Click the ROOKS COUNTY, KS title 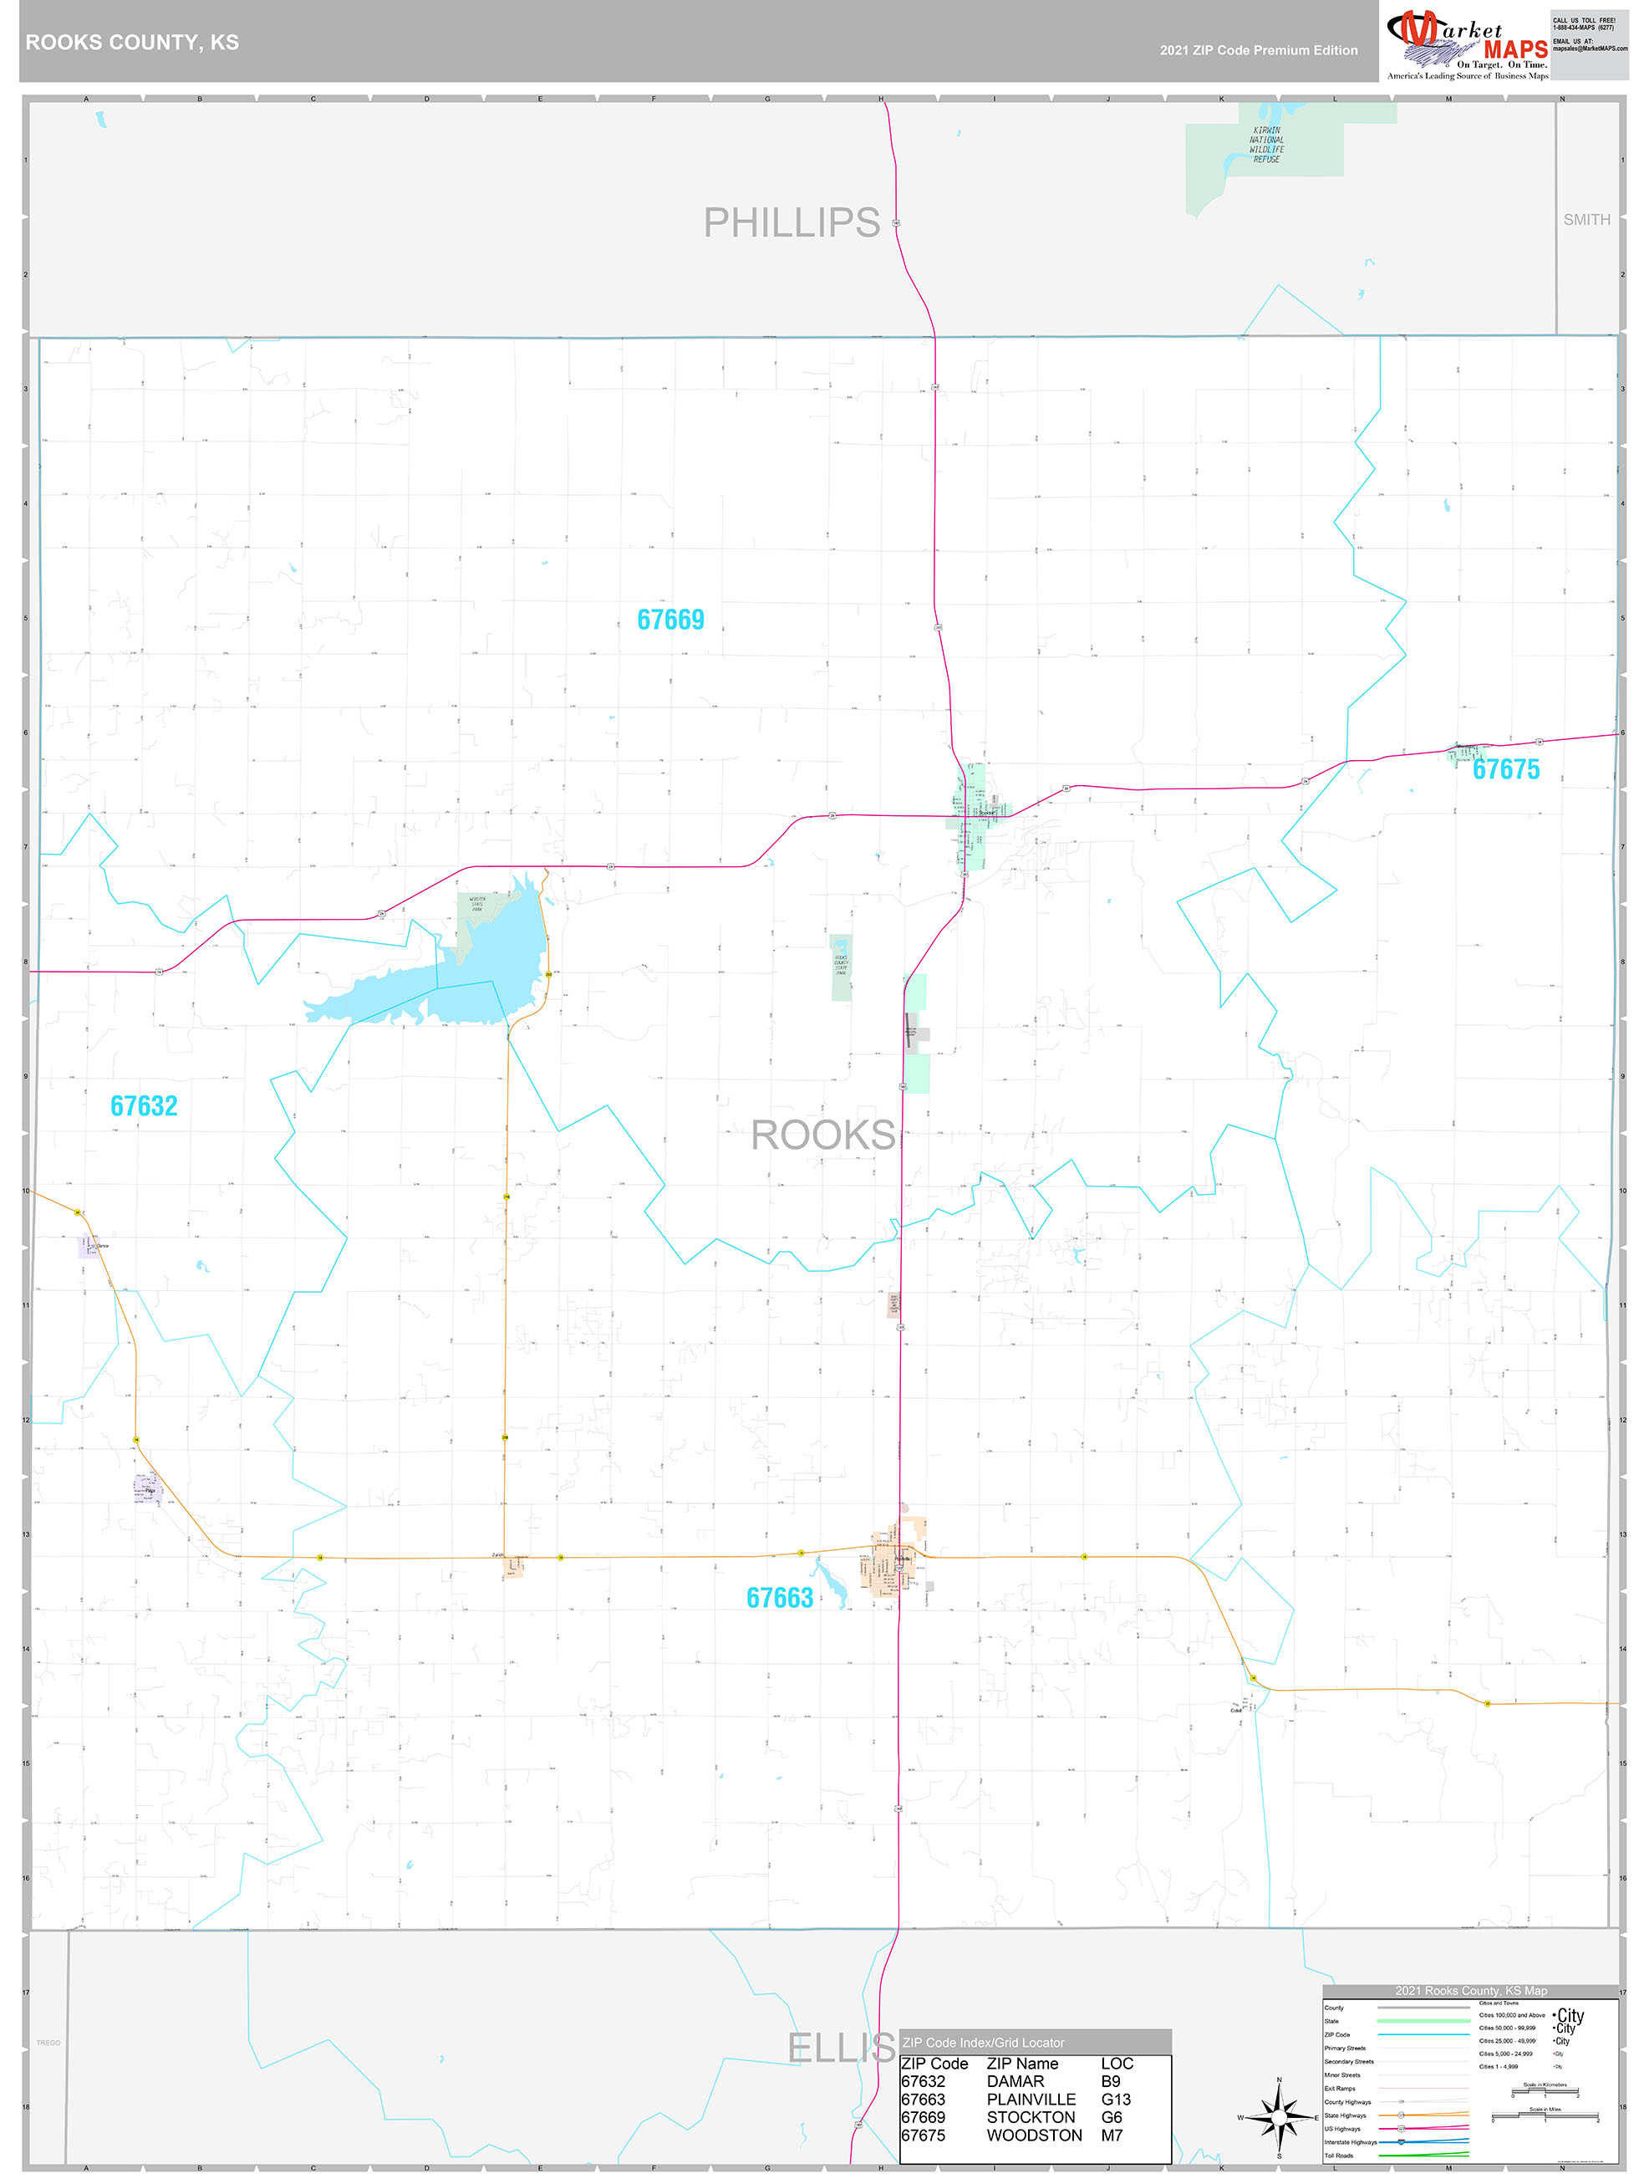[132, 43]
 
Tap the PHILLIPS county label [791, 223]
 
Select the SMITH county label [1586, 220]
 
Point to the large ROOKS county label [822, 1135]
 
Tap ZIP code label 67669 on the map [670, 620]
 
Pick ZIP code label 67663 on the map [779, 1598]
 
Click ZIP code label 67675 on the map [1505, 769]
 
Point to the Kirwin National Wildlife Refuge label [1265, 145]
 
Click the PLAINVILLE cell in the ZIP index [1031, 2100]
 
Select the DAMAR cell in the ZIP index [1015, 2082]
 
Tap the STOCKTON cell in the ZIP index [1031, 2117]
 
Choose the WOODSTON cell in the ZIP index [1034, 2136]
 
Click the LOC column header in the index [1117, 2064]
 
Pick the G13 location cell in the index [1115, 2100]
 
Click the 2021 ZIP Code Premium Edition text [1258, 50]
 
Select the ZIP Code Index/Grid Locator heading [983, 2042]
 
